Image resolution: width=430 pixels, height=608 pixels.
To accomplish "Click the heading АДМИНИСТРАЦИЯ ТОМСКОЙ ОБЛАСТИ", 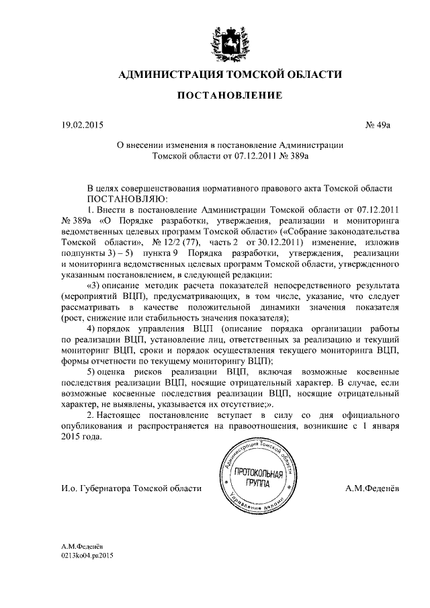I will pos(225,73).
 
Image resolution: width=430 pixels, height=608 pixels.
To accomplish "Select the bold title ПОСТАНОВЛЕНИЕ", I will pos(225,97).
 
